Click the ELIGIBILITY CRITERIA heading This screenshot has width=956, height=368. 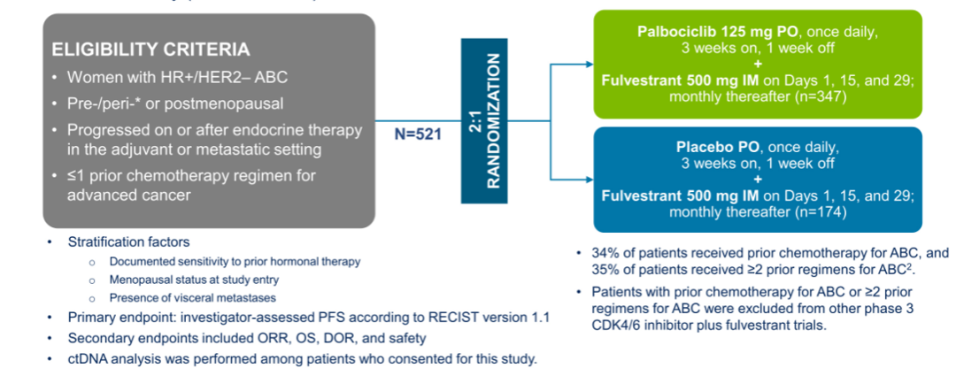click(x=150, y=50)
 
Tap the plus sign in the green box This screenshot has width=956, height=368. click(x=758, y=65)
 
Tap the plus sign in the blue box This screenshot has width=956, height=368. click(x=758, y=180)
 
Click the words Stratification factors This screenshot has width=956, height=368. click(x=129, y=242)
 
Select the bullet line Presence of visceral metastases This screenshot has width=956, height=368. click(x=192, y=297)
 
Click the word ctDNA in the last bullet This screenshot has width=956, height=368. click(x=89, y=358)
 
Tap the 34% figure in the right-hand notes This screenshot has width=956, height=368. click(x=605, y=252)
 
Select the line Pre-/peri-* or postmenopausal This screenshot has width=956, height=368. click(x=175, y=103)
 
